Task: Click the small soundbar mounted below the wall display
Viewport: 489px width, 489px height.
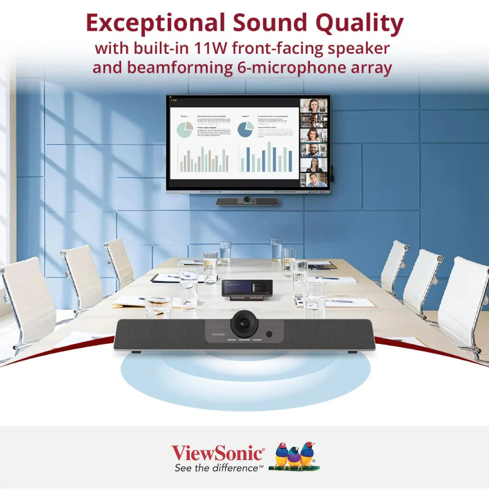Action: (247, 201)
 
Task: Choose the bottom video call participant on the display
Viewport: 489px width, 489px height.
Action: (313, 179)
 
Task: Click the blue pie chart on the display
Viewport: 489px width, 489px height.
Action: (245, 129)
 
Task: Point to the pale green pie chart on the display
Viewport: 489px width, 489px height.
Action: (184, 130)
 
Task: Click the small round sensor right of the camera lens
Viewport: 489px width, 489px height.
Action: (268, 335)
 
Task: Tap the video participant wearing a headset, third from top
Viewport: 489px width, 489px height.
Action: (313, 135)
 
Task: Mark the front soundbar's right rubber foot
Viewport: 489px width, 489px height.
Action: (351, 352)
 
